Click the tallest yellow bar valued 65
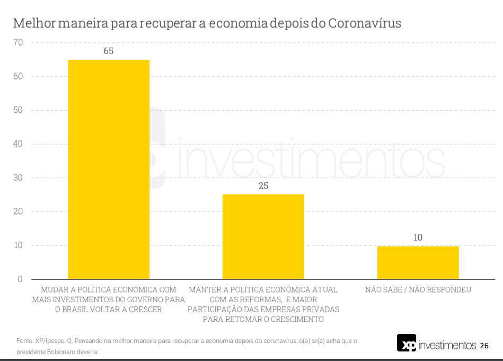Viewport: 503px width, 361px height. pyautogui.click(x=109, y=170)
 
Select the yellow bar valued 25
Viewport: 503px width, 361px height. pyautogui.click(x=263, y=236)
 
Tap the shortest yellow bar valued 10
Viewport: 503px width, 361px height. pyautogui.click(x=418, y=262)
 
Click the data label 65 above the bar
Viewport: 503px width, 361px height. pyautogui.click(x=109, y=51)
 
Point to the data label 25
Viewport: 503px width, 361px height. pyautogui.click(x=263, y=186)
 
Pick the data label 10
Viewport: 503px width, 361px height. pyautogui.click(x=418, y=237)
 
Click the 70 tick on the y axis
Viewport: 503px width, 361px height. pyautogui.click(x=18, y=42)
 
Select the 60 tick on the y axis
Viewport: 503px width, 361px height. pyautogui.click(x=18, y=76)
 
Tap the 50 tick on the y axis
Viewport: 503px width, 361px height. pyautogui.click(x=18, y=110)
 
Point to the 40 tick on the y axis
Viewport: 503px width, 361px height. pyautogui.click(x=18, y=144)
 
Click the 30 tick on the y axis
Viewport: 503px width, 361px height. pyautogui.click(x=18, y=178)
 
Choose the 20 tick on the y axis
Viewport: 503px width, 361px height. pyautogui.click(x=18, y=212)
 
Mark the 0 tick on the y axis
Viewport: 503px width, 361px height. pyautogui.click(x=20, y=279)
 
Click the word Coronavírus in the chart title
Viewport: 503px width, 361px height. pyautogui.click(x=365, y=24)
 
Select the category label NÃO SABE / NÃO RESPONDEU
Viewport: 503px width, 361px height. pyautogui.click(x=418, y=290)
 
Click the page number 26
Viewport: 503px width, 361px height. pyautogui.click(x=484, y=346)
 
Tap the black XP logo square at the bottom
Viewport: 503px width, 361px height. pyautogui.click(x=407, y=343)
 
